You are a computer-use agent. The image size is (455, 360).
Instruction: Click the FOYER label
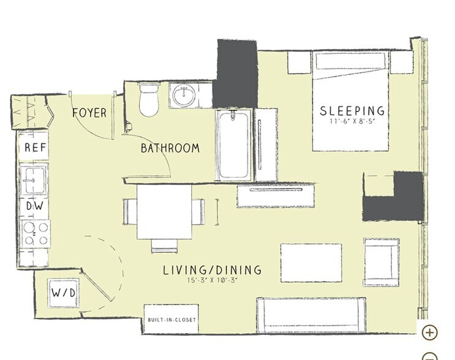pos(89,113)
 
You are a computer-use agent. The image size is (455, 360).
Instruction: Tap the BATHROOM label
pos(170,148)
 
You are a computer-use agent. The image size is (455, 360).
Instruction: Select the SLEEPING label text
pos(352,111)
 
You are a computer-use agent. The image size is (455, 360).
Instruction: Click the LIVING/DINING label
pos(212,270)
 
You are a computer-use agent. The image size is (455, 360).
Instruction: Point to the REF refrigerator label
pos(36,148)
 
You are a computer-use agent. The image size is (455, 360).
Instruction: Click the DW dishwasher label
pos(34,206)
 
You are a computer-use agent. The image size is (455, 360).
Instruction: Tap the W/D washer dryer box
pos(64,293)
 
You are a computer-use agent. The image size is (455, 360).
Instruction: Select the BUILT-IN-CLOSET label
pos(172,320)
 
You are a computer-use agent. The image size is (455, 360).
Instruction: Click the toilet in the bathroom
pos(149,99)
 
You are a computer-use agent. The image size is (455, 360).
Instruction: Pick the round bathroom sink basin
pos(184,95)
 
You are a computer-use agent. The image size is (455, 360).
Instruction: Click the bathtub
pos(234,145)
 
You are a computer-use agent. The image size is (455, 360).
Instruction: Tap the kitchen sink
pos(34,180)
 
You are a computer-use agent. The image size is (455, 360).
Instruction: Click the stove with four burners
pos(36,233)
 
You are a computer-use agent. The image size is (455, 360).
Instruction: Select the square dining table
pos(164,212)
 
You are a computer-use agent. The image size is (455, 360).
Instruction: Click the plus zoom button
pos(430,332)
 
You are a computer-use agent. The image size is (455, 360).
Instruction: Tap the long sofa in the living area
pos(311,315)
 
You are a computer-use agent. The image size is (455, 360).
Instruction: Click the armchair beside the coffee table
pos(382,262)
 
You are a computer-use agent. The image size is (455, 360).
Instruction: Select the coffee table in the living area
pos(311,263)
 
